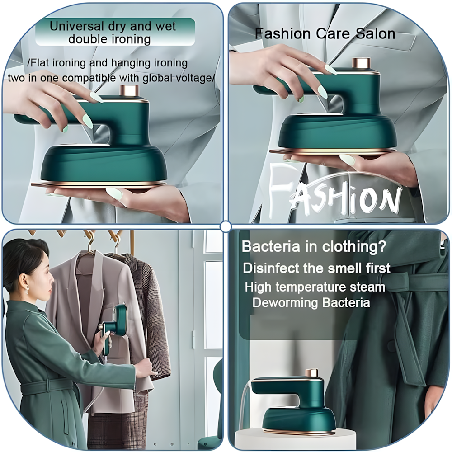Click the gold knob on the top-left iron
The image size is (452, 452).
[130, 89]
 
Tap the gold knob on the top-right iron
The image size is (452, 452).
[362, 63]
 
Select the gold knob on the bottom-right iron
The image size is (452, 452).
[311, 373]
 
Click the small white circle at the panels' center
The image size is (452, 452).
[226, 226]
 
